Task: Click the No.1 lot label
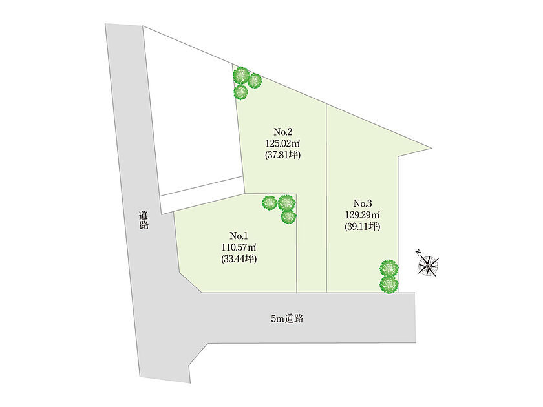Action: pos(239,236)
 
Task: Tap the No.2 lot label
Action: pos(283,132)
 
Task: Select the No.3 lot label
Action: pos(363,203)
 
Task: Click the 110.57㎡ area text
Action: pos(239,247)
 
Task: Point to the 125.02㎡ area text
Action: pos(283,143)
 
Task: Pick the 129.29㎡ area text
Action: pos(363,214)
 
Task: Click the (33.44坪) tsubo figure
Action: pos(239,259)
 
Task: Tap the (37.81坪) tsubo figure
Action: pos(283,154)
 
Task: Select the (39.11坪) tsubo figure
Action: pos(363,226)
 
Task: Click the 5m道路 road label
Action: pos(287,318)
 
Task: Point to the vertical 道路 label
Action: pos(144,220)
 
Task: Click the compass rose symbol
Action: pos(429,266)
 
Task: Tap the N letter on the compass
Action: pos(419,252)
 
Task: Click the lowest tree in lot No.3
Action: pos(389,284)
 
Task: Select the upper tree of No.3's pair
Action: pos(389,267)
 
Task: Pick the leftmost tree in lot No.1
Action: pos(270,203)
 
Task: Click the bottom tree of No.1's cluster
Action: pos(288,216)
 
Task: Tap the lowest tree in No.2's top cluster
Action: pos(240,92)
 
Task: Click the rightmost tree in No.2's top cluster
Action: pos(255,81)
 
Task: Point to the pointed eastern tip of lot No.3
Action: pos(432,148)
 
